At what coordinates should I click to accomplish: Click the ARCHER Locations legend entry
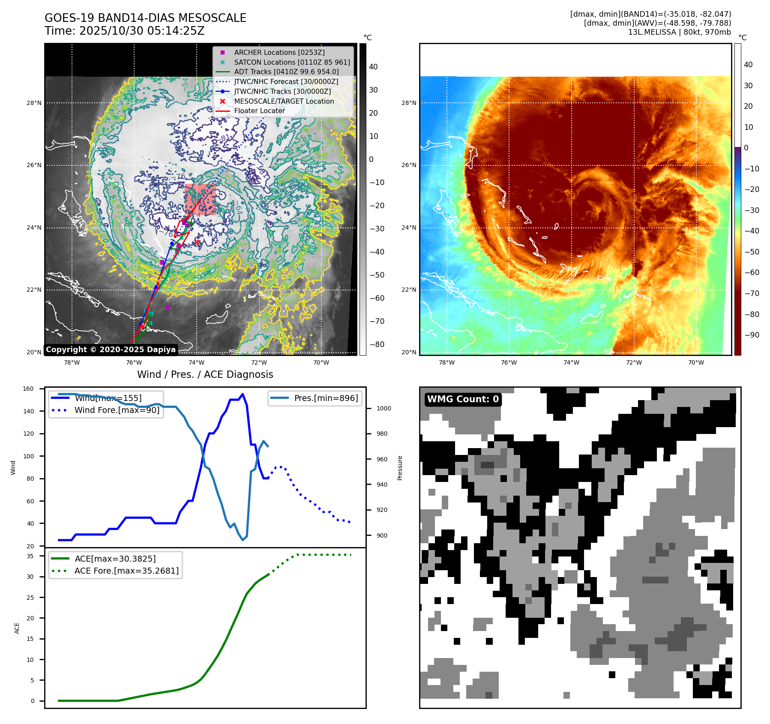[279, 52]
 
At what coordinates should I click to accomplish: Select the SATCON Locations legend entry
[292, 62]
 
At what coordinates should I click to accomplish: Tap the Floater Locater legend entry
[259, 111]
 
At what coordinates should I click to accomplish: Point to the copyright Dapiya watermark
[111, 350]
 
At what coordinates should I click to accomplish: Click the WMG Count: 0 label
[463, 399]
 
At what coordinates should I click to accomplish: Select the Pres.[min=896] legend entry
[326, 398]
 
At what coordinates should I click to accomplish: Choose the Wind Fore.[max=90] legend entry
[117, 410]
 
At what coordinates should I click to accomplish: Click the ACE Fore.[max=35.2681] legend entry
[126, 571]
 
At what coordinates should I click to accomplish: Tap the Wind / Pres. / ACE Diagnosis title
[205, 374]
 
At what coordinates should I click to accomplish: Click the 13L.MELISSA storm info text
[679, 32]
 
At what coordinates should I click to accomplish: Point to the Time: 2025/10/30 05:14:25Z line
[124, 31]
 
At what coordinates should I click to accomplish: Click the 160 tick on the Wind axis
[28, 389]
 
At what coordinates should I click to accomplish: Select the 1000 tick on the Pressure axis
[384, 408]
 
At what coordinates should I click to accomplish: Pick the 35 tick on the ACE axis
[30, 556]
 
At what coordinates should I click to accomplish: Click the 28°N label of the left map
[34, 103]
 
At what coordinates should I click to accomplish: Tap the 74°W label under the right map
[571, 362]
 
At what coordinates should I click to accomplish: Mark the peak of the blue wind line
[243, 394]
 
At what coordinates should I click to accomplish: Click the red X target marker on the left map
[197, 242]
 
